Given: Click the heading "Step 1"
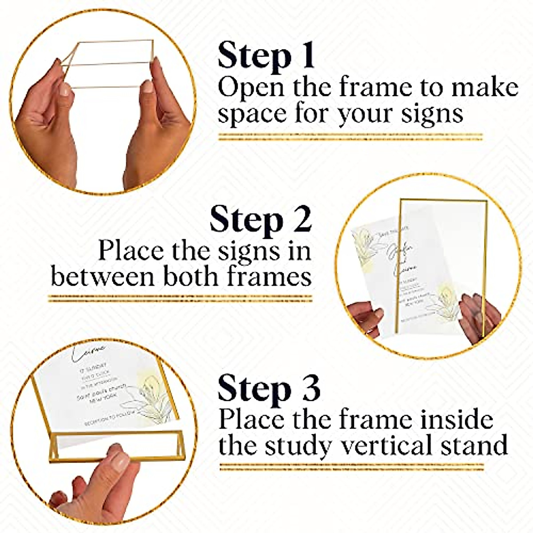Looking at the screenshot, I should pos(266,56).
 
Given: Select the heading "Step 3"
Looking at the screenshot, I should pos(269,388).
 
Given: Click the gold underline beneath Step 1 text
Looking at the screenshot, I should pos(350,136).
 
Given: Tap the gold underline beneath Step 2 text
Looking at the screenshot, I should pos(180,298).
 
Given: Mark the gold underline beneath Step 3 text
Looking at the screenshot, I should pos(351,467).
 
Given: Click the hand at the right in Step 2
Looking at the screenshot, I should pos(477,318).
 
